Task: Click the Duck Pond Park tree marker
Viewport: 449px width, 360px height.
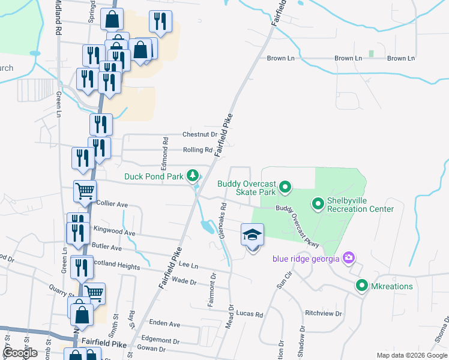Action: (193, 176)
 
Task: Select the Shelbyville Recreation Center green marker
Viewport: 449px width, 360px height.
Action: (318, 205)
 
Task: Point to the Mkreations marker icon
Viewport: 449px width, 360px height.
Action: (361, 286)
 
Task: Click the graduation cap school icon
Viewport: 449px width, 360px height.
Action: (253, 235)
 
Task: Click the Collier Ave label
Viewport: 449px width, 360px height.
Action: (112, 205)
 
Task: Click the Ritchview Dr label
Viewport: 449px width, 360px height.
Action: (323, 313)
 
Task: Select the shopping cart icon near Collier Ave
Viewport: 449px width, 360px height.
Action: (85, 192)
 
